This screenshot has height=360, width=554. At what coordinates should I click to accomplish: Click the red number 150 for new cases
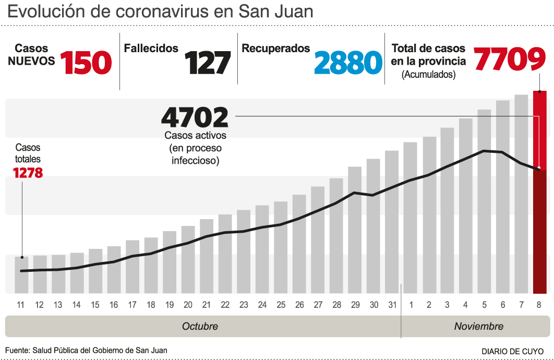tap(86, 62)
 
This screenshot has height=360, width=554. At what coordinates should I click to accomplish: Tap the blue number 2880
tap(348, 63)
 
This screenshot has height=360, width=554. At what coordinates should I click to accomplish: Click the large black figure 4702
tap(195, 117)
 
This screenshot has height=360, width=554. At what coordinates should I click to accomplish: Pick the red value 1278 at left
tap(28, 172)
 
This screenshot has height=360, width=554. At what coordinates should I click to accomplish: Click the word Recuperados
tap(276, 49)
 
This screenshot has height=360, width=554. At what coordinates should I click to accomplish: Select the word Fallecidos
tap(151, 49)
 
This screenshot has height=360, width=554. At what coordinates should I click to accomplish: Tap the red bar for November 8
tap(539, 193)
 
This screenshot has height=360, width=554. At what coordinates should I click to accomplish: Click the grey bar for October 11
tap(21, 275)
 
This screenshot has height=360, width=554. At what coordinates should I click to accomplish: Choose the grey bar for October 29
tap(355, 230)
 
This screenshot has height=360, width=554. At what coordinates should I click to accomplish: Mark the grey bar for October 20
tap(188, 259)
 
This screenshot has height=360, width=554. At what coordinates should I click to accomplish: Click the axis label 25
tap(281, 305)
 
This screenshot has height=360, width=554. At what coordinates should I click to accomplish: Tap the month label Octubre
tap(200, 327)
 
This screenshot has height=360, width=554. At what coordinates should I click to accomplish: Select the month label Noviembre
tap(479, 327)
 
